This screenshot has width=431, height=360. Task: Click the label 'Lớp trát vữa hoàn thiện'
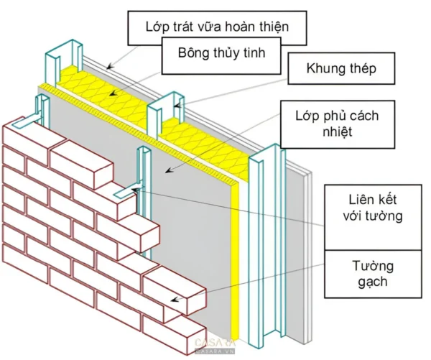(217, 27)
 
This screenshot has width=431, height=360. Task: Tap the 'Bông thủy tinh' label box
(221, 56)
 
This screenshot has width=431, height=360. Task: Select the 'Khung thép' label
(341, 68)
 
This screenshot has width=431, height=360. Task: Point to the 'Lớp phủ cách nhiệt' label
(338, 124)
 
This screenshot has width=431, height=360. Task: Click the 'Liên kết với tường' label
(373, 208)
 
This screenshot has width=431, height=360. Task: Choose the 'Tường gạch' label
(373, 274)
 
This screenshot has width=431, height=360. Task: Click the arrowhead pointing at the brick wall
(175, 299)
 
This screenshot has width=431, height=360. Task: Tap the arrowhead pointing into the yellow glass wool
(113, 93)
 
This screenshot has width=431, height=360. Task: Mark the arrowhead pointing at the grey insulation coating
(170, 170)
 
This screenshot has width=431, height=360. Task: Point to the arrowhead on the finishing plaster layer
(110, 66)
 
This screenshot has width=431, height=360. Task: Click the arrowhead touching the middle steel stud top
(178, 105)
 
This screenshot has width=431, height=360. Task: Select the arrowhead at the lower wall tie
(135, 189)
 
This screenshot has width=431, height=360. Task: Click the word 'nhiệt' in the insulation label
(338, 131)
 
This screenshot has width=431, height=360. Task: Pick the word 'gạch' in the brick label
(373, 282)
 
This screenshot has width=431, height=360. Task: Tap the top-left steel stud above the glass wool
(64, 63)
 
